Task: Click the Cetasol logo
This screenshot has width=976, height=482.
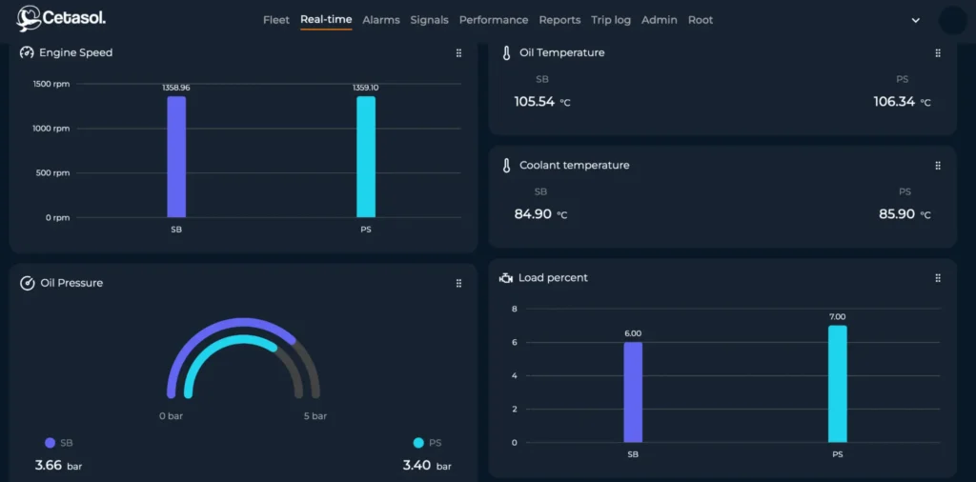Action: point(60,18)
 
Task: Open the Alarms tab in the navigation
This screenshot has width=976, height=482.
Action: point(381,20)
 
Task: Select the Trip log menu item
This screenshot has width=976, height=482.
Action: point(611,20)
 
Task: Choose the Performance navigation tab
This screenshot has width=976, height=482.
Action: point(494,20)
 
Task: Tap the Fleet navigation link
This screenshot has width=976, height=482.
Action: point(276,20)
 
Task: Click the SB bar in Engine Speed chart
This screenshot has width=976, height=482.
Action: point(176,157)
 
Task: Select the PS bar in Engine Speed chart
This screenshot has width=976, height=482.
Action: point(365,157)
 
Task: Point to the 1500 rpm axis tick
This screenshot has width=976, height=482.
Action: point(51,84)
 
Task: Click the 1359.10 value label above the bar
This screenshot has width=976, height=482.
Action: point(365,88)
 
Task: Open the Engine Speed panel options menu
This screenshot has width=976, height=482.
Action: point(458,53)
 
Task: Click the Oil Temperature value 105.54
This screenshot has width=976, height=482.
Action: point(535,102)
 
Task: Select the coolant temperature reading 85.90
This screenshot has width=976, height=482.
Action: point(896,214)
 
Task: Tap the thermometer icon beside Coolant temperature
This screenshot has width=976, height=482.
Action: point(507,166)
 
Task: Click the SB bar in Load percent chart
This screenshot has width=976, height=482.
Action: point(633,392)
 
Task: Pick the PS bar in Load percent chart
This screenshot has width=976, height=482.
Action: point(837,384)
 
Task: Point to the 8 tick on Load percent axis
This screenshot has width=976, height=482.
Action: point(514,309)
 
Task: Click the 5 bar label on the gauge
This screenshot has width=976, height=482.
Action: point(315,416)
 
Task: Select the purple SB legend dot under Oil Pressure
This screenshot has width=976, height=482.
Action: point(51,443)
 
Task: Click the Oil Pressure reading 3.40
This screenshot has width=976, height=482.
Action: point(417,466)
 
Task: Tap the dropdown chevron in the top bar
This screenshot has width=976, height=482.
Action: point(916,20)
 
